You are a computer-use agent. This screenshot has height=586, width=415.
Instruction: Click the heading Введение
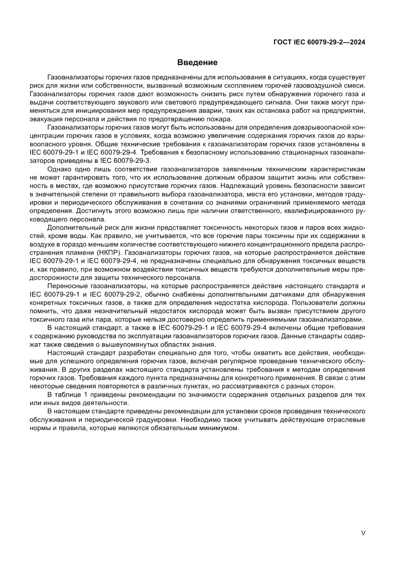(x=197, y=63)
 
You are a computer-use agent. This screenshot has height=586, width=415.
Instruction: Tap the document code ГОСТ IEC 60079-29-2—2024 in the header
(x=319, y=43)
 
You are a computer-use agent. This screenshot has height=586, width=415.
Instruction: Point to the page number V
(x=363, y=533)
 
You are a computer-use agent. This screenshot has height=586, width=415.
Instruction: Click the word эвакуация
(x=48, y=119)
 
